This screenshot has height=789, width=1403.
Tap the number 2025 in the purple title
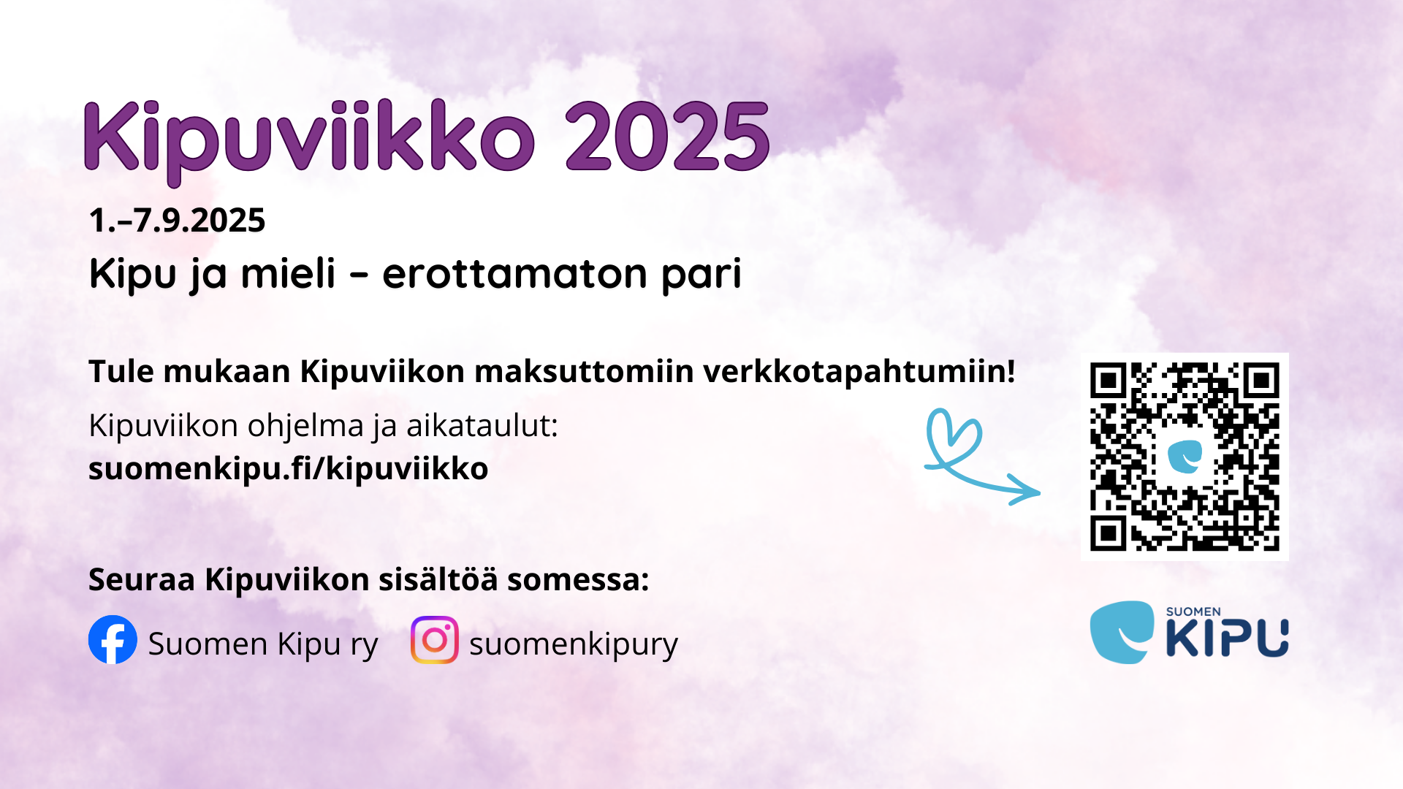pos(667,137)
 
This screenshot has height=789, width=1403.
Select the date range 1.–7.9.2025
pos(177,221)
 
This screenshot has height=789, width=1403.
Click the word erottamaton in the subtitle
pos(514,274)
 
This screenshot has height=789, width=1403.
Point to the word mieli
pos(289,273)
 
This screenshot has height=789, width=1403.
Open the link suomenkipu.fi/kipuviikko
pos(288,469)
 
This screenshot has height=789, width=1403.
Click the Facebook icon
pos(113,640)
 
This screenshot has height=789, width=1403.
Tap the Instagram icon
pos(435,640)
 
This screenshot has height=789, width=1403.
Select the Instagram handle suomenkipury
pos(574,645)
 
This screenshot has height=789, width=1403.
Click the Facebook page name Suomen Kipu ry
pos(263,645)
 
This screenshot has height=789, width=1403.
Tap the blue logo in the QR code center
pos(1185,457)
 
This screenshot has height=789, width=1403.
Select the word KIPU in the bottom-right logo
pos(1227,637)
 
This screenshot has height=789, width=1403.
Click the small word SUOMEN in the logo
pos(1193,611)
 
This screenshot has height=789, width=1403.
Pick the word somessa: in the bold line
pos(578,580)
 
